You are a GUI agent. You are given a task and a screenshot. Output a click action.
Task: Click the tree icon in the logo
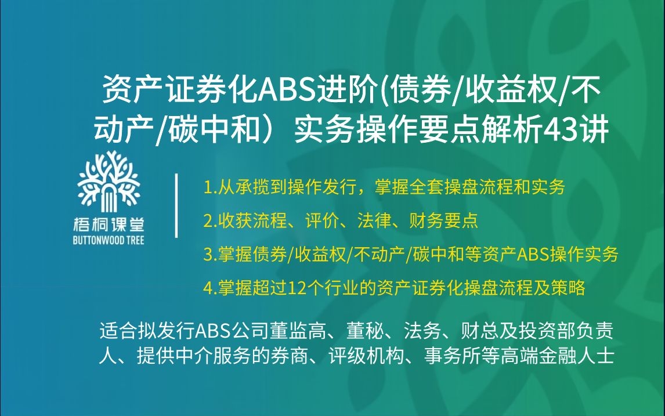click(x=109, y=180)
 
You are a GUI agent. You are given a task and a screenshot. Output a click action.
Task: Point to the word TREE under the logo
click(x=133, y=240)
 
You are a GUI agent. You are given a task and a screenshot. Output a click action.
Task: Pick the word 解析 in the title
click(x=508, y=130)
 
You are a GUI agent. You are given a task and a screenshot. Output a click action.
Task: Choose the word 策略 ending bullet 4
click(x=572, y=288)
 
